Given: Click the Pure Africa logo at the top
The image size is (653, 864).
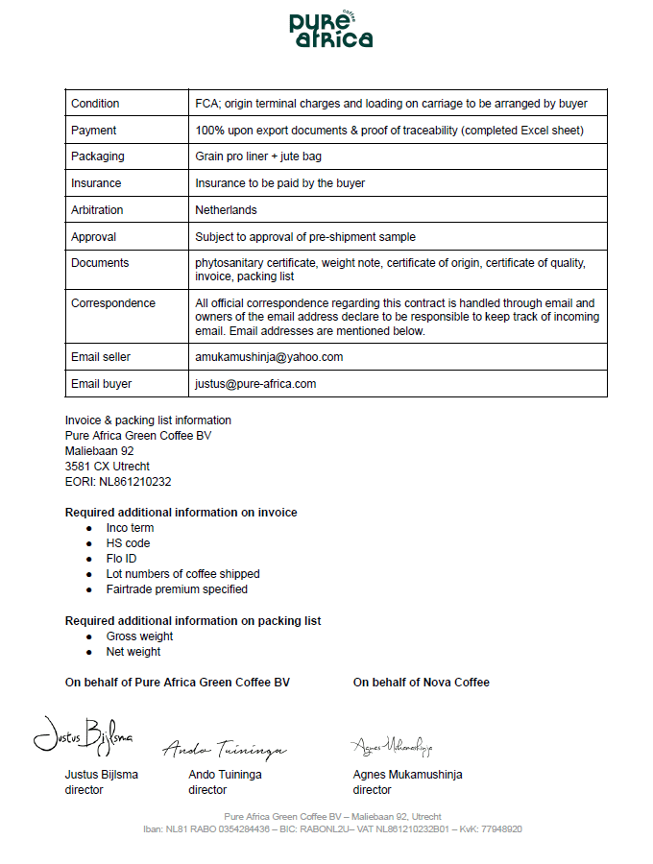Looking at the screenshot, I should [x=330, y=30].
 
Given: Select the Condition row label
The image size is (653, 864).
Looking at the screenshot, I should [x=95, y=104].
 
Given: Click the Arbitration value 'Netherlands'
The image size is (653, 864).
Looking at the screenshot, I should [x=226, y=210].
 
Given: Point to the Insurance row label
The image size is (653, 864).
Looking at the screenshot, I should [x=96, y=183].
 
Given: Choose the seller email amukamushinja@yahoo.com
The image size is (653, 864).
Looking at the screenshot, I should [x=269, y=357].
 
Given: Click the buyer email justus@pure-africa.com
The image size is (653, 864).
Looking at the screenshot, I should [x=255, y=384].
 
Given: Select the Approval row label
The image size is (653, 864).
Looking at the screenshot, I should [x=93, y=237].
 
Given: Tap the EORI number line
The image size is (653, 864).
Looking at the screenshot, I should [x=118, y=482].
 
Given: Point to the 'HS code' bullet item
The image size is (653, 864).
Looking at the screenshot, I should [x=128, y=543].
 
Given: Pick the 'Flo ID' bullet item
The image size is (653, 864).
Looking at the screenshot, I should [x=122, y=559].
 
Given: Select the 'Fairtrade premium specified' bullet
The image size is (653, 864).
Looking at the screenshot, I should [x=177, y=589].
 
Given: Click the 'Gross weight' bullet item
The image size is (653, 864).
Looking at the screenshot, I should [x=139, y=636].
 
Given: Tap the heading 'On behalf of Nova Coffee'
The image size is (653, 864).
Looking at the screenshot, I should [x=421, y=683].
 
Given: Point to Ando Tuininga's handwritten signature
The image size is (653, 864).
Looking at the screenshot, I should [x=224, y=748].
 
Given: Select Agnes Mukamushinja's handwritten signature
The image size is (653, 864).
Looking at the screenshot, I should [x=392, y=745].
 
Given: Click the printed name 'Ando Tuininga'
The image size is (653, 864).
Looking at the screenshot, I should [x=225, y=775].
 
